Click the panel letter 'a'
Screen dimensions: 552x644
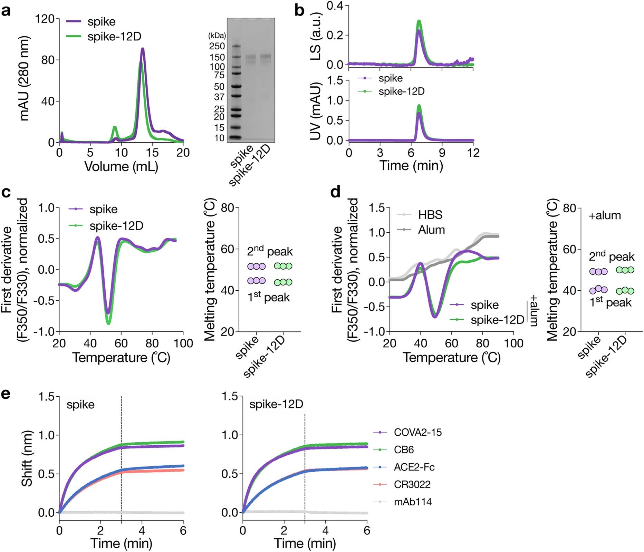(x=6, y=11)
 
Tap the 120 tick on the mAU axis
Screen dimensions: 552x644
(x=45, y=19)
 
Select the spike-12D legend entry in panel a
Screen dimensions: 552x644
(x=114, y=37)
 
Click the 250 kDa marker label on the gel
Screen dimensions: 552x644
(x=217, y=46)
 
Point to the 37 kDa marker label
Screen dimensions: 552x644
(x=219, y=97)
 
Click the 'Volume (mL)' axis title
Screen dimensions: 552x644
(x=121, y=167)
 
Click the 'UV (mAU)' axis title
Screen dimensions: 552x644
(x=316, y=110)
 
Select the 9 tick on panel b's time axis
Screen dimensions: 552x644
(x=442, y=153)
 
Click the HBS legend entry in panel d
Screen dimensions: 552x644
(x=430, y=215)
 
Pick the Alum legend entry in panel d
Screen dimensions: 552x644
(x=431, y=230)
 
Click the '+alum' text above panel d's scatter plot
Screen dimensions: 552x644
(x=605, y=215)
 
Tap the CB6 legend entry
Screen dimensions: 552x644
(x=404, y=450)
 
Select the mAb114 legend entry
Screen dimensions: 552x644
(x=413, y=502)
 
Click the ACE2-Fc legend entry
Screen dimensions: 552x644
(x=414, y=467)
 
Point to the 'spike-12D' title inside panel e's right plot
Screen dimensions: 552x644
(x=276, y=404)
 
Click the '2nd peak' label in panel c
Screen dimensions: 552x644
(x=270, y=251)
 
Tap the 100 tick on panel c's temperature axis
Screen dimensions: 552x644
(x=183, y=344)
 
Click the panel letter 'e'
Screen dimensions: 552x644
(x=6, y=394)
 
